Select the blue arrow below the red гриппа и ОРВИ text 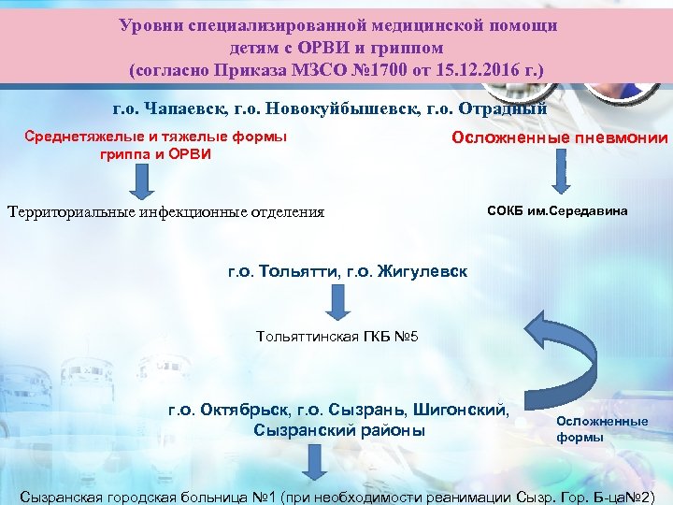140,180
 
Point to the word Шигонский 468,410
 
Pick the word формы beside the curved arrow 575,437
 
